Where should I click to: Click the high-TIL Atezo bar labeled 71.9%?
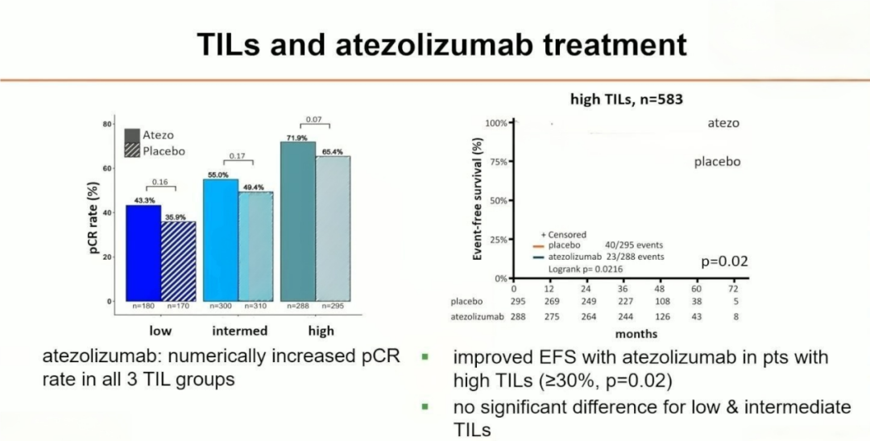click(297, 221)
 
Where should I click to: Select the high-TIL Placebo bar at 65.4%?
click(332, 229)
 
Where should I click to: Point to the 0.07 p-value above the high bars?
click(314, 120)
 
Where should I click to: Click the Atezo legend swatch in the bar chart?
click(131, 135)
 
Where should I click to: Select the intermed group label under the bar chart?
click(240, 331)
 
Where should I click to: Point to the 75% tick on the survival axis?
click(498, 162)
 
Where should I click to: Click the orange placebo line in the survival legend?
click(539, 246)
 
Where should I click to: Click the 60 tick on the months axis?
click(697, 288)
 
